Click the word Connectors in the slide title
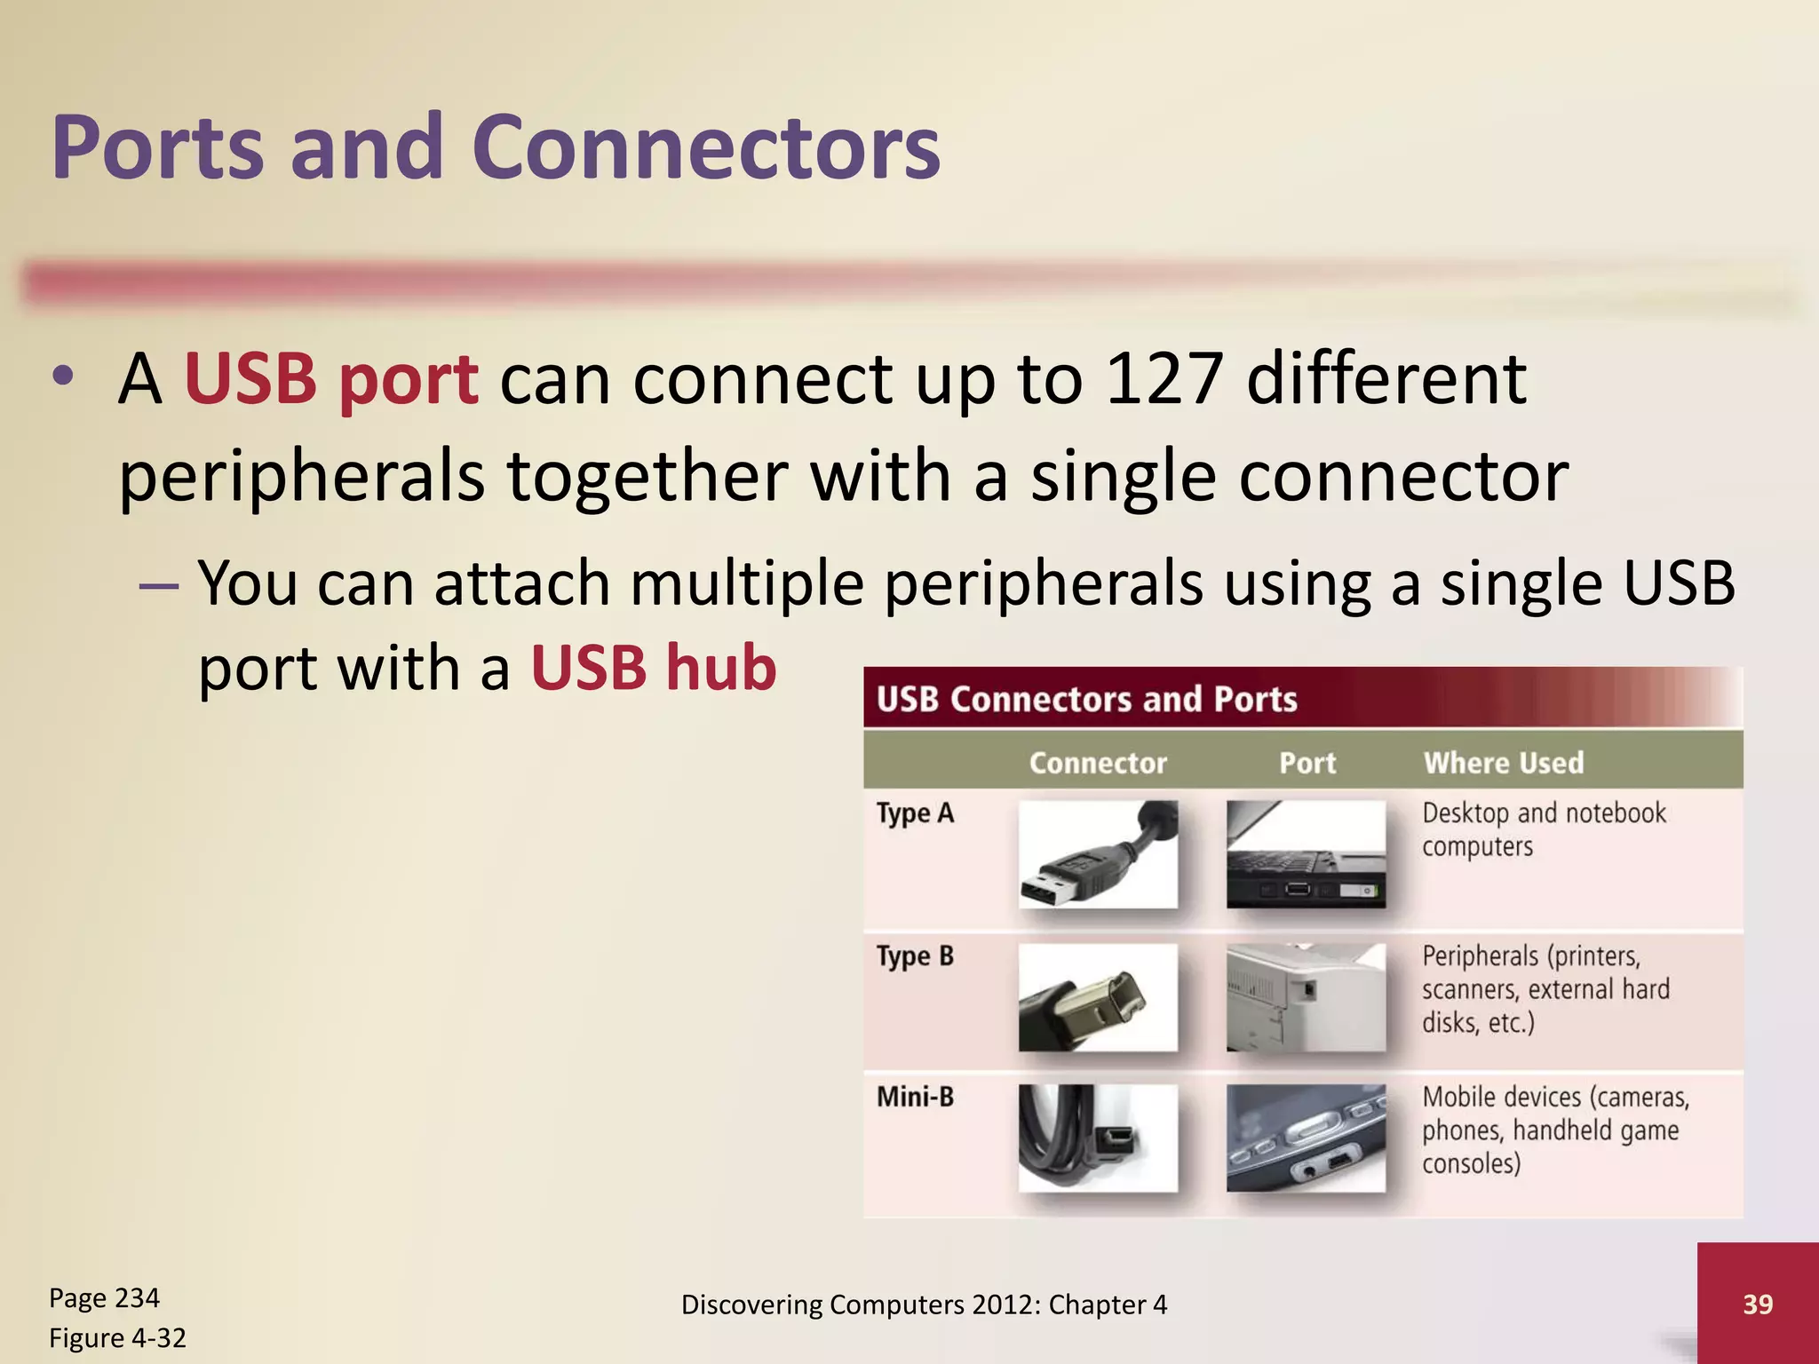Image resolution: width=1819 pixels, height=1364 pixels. tap(706, 147)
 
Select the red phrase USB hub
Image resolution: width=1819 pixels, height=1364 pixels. tap(654, 668)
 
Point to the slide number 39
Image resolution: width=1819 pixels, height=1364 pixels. tap(1758, 1304)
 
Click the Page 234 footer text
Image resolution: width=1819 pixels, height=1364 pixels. tap(104, 1298)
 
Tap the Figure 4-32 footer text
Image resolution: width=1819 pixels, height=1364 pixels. tap(117, 1337)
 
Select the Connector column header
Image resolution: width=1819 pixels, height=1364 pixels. tap(1098, 763)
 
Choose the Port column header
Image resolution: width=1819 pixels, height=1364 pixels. tap(1307, 763)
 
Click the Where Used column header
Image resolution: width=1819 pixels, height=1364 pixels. tap(1504, 763)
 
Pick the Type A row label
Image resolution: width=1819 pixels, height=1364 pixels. tap(915, 813)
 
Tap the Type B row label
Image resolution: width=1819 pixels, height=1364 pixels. tap(915, 956)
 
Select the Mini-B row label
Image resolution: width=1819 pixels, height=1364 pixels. tap(915, 1098)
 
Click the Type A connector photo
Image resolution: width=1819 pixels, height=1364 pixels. tap(1098, 854)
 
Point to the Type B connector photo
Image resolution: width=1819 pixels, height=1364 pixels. tap(1098, 997)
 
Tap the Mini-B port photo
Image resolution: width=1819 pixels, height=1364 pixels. tap(1306, 1138)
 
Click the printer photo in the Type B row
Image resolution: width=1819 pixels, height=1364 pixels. tap(1306, 997)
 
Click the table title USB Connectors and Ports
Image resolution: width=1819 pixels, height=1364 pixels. tap(1087, 700)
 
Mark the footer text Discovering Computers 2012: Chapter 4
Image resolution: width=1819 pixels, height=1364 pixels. tap(924, 1305)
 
